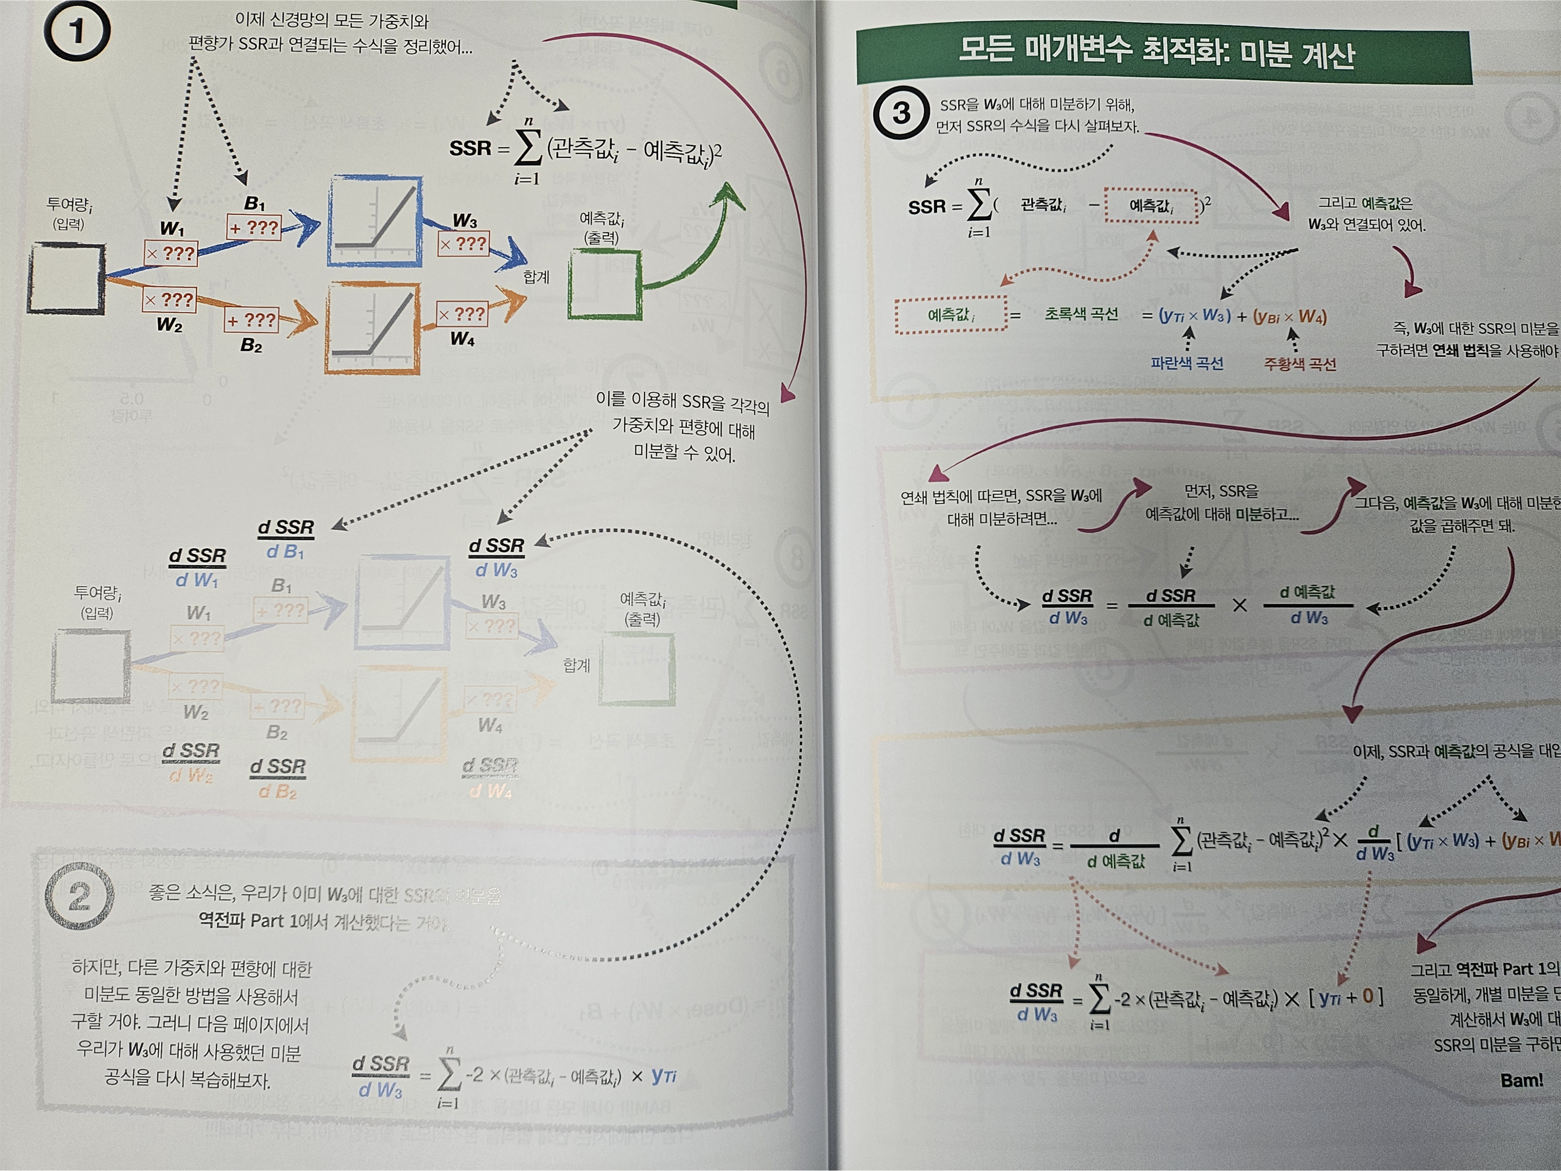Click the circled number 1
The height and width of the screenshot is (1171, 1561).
pyautogui.click(x=76, y=31)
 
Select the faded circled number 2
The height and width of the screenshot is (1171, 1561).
pyautogui.click(x=79, y=896)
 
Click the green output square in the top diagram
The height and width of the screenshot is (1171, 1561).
pyautogui.click(x=605, y=285)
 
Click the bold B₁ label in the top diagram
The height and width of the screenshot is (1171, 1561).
pyautogui.click(x=254, y=204)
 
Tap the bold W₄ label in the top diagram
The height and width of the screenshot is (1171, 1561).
pyautogui.click(x=462, y=339)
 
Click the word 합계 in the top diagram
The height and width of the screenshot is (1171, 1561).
pyautogui.click(x=535, y=277)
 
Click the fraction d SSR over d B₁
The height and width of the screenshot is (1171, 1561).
pyautogui.click(x=285, y=539)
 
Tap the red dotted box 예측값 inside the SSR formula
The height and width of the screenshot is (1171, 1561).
pyautogui.click(x=1151, y=206)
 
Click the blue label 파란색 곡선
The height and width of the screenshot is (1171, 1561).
pyautogui.click(x=1187, y=363)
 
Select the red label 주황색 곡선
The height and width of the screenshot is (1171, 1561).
pyautogui.click(x=1300, y=364)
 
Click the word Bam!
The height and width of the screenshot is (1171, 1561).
pyautogui.click(x=1521, y=1080)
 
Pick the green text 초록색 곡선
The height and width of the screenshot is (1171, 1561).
pyautogui.click(x=1081, y=314)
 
